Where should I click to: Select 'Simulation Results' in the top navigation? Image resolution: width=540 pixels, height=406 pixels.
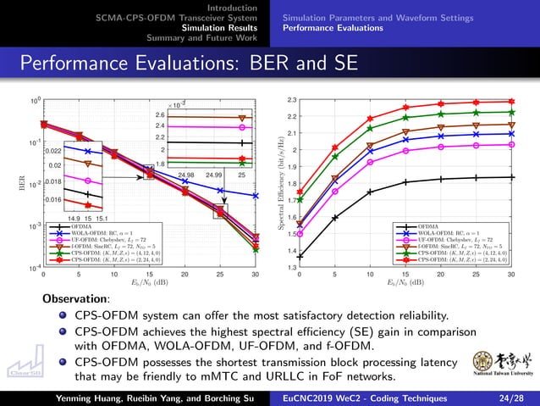(x=221, y=27)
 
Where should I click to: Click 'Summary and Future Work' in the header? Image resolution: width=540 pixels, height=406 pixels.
(x=201, y=37)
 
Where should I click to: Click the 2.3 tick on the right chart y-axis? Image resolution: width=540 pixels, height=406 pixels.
(x=291, y=100)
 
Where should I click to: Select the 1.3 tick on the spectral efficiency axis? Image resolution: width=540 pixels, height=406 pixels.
(x=291, y=268)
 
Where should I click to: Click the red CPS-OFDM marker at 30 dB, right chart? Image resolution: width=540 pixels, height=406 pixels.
(x=511, y=102)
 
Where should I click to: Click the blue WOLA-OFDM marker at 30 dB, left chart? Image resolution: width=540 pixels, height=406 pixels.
(x=256, y=195)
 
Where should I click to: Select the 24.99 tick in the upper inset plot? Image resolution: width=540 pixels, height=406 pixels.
(x=213, y=175)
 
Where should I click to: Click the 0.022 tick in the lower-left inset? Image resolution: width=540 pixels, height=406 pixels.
(x=52, y=150)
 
